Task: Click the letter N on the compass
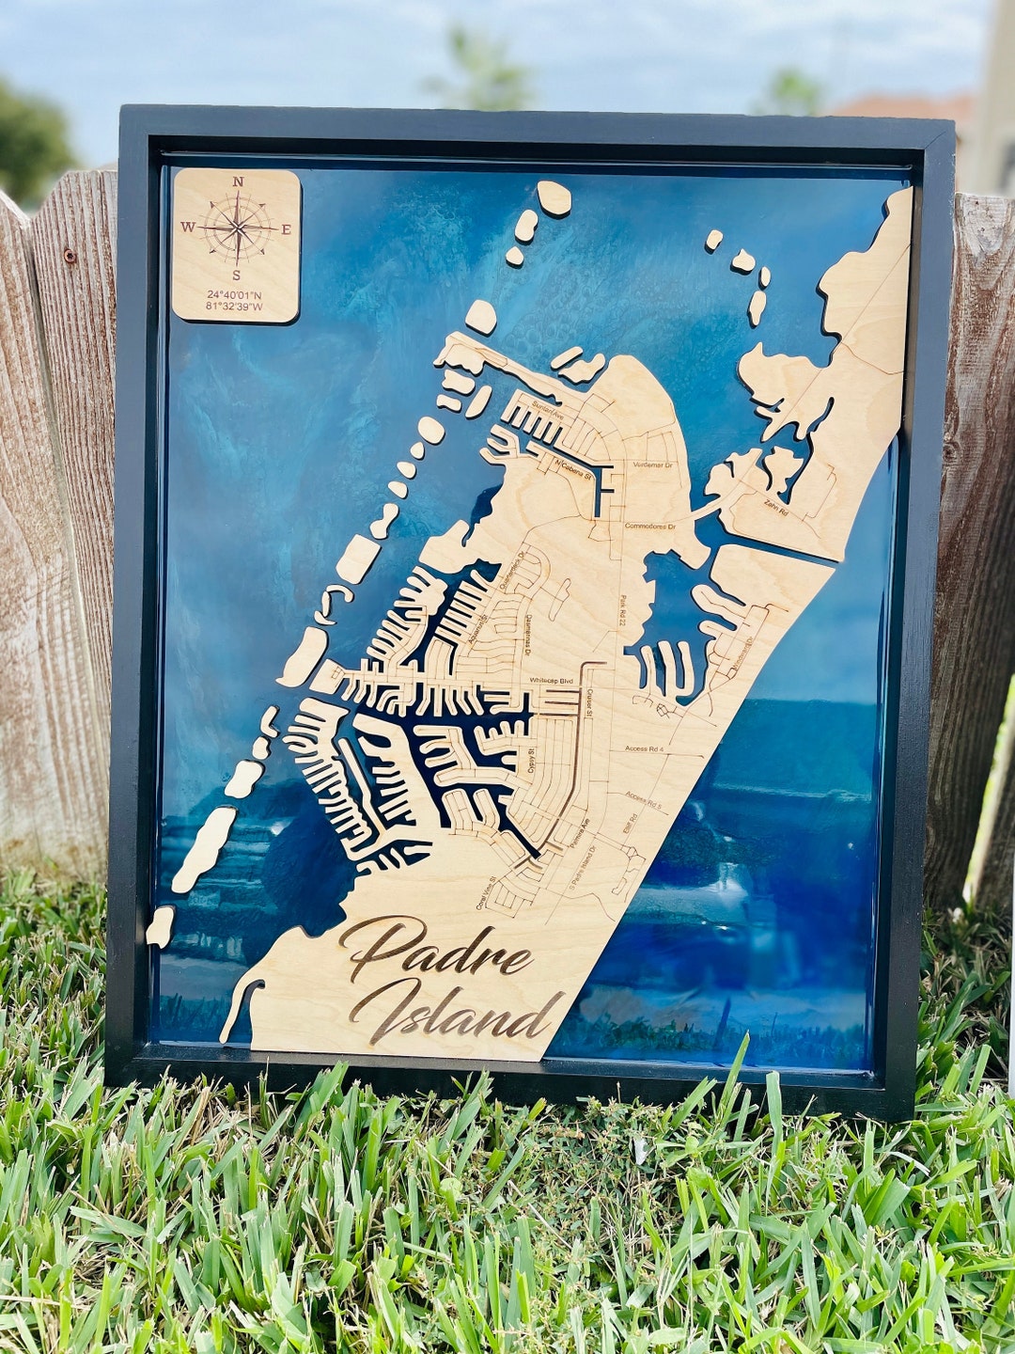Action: (238, 181)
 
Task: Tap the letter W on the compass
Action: (188, 227)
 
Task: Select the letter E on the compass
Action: (287, 228)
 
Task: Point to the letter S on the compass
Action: (237, 276)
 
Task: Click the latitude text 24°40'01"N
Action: (235, 294)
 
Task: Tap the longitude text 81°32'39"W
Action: (235, 307)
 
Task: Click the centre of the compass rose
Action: (238, 228)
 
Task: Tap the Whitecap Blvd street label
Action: (551, 679)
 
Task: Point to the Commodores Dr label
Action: (650, 527)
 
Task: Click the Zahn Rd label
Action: (774, 505)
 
